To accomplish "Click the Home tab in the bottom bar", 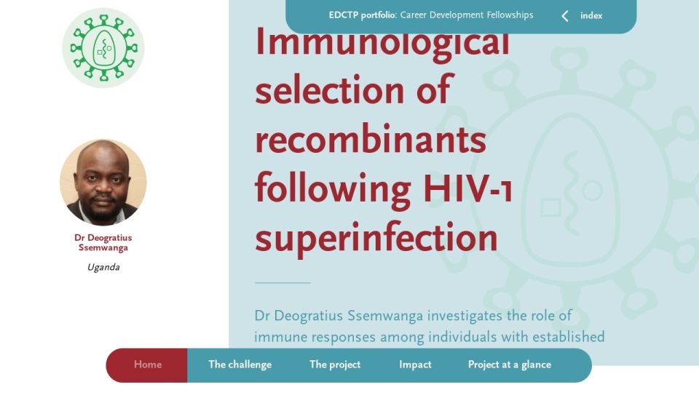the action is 148,365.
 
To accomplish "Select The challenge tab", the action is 240,365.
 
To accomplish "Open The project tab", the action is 335,365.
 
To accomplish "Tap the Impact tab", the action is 415,365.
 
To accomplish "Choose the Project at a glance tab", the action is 510,365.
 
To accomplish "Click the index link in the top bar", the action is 591,15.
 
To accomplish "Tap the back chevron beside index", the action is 565,16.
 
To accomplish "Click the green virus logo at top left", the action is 103,48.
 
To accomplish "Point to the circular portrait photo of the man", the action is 103,182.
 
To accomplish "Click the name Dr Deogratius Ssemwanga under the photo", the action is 103,242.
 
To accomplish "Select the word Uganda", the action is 103,267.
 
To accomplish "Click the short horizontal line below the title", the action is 283,282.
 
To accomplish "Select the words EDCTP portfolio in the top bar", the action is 362,15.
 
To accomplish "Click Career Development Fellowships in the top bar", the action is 467,15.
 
